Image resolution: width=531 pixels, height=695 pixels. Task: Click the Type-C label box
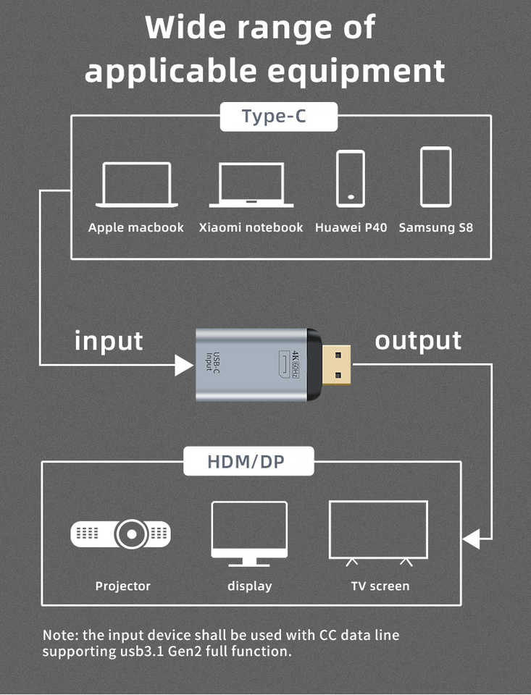[278, 117]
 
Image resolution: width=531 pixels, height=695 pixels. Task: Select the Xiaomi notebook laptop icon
[251, 185]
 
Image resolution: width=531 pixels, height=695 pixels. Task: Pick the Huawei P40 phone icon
[351, 179]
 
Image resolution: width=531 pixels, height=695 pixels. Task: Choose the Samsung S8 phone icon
[435, 177]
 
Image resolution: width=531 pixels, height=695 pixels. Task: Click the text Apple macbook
[136, 227]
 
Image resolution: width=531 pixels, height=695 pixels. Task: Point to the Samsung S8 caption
[435, 227]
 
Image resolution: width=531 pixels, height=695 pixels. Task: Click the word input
[109, 340]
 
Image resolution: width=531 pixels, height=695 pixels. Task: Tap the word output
[418, 340]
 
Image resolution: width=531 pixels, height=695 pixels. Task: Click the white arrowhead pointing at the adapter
[184, 365]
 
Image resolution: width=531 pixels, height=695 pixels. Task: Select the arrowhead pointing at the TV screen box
[472, 539]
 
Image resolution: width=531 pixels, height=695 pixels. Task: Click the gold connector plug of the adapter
[336, 366]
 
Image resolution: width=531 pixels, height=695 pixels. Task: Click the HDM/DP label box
[248, 461]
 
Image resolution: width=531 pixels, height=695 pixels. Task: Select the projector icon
[121, 535]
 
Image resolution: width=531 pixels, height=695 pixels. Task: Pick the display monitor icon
[249, 534]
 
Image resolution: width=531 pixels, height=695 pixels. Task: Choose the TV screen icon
[378, 532]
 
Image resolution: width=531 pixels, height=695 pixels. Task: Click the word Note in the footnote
[59, 636]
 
